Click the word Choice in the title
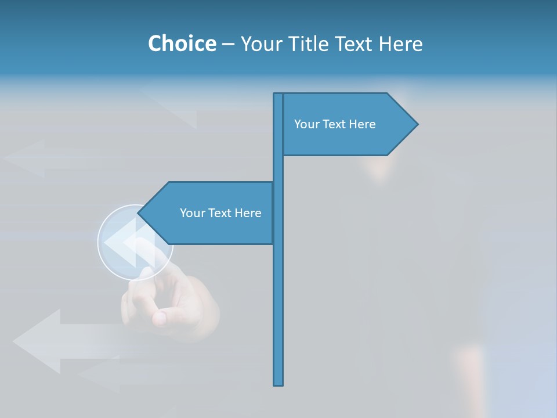pos(182,44)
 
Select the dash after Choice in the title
pos(228,44)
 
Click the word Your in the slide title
pos(261,44)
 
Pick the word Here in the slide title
pos(401,44)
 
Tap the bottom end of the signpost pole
pos(278,383)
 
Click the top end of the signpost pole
pos(278,95)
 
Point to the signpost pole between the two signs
pos(278,168)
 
